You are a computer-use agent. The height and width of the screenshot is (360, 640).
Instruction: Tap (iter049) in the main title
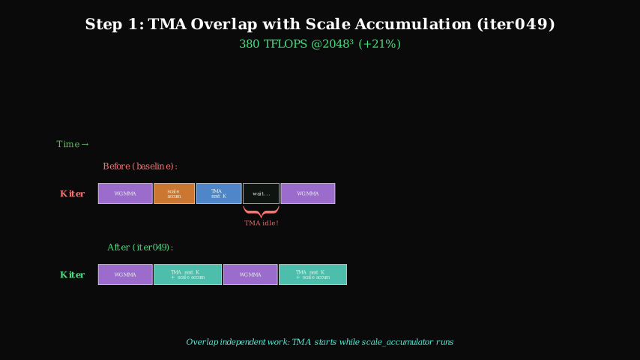click(x=516, y=24)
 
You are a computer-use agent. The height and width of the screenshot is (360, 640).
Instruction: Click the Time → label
click(x=73, y=144)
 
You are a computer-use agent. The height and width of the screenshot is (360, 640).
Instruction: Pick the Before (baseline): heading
click(x=140, y=166)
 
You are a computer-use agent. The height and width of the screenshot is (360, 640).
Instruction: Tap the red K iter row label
click(x=73, y=194)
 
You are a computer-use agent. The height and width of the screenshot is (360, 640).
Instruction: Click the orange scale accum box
click(x=174, y=193)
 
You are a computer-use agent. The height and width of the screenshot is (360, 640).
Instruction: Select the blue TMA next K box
click(x=219, y=193)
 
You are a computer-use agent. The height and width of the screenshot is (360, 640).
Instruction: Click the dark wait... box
click(x=261, y=193)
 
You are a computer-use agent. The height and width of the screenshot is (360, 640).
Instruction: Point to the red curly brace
click(x=261, y=211)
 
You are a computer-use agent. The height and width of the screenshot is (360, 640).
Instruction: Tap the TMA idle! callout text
click(x=262, y=223)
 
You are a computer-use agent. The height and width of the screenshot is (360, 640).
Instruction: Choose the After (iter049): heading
click(x=140, y=247)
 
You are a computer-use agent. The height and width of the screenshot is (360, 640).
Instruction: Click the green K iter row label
click(x=73, y=275)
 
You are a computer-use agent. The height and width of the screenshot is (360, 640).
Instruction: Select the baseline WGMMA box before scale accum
click(x=125, y=193)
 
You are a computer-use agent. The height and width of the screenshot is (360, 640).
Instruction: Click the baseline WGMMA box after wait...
click(x=307, y=193)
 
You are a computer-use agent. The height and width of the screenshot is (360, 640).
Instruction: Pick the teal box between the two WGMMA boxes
click(x=187, y=274)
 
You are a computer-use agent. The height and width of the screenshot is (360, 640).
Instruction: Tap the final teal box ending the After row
click(x=313, y=274)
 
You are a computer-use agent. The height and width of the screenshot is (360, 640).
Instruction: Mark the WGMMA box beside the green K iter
click(x=125, y=274)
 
